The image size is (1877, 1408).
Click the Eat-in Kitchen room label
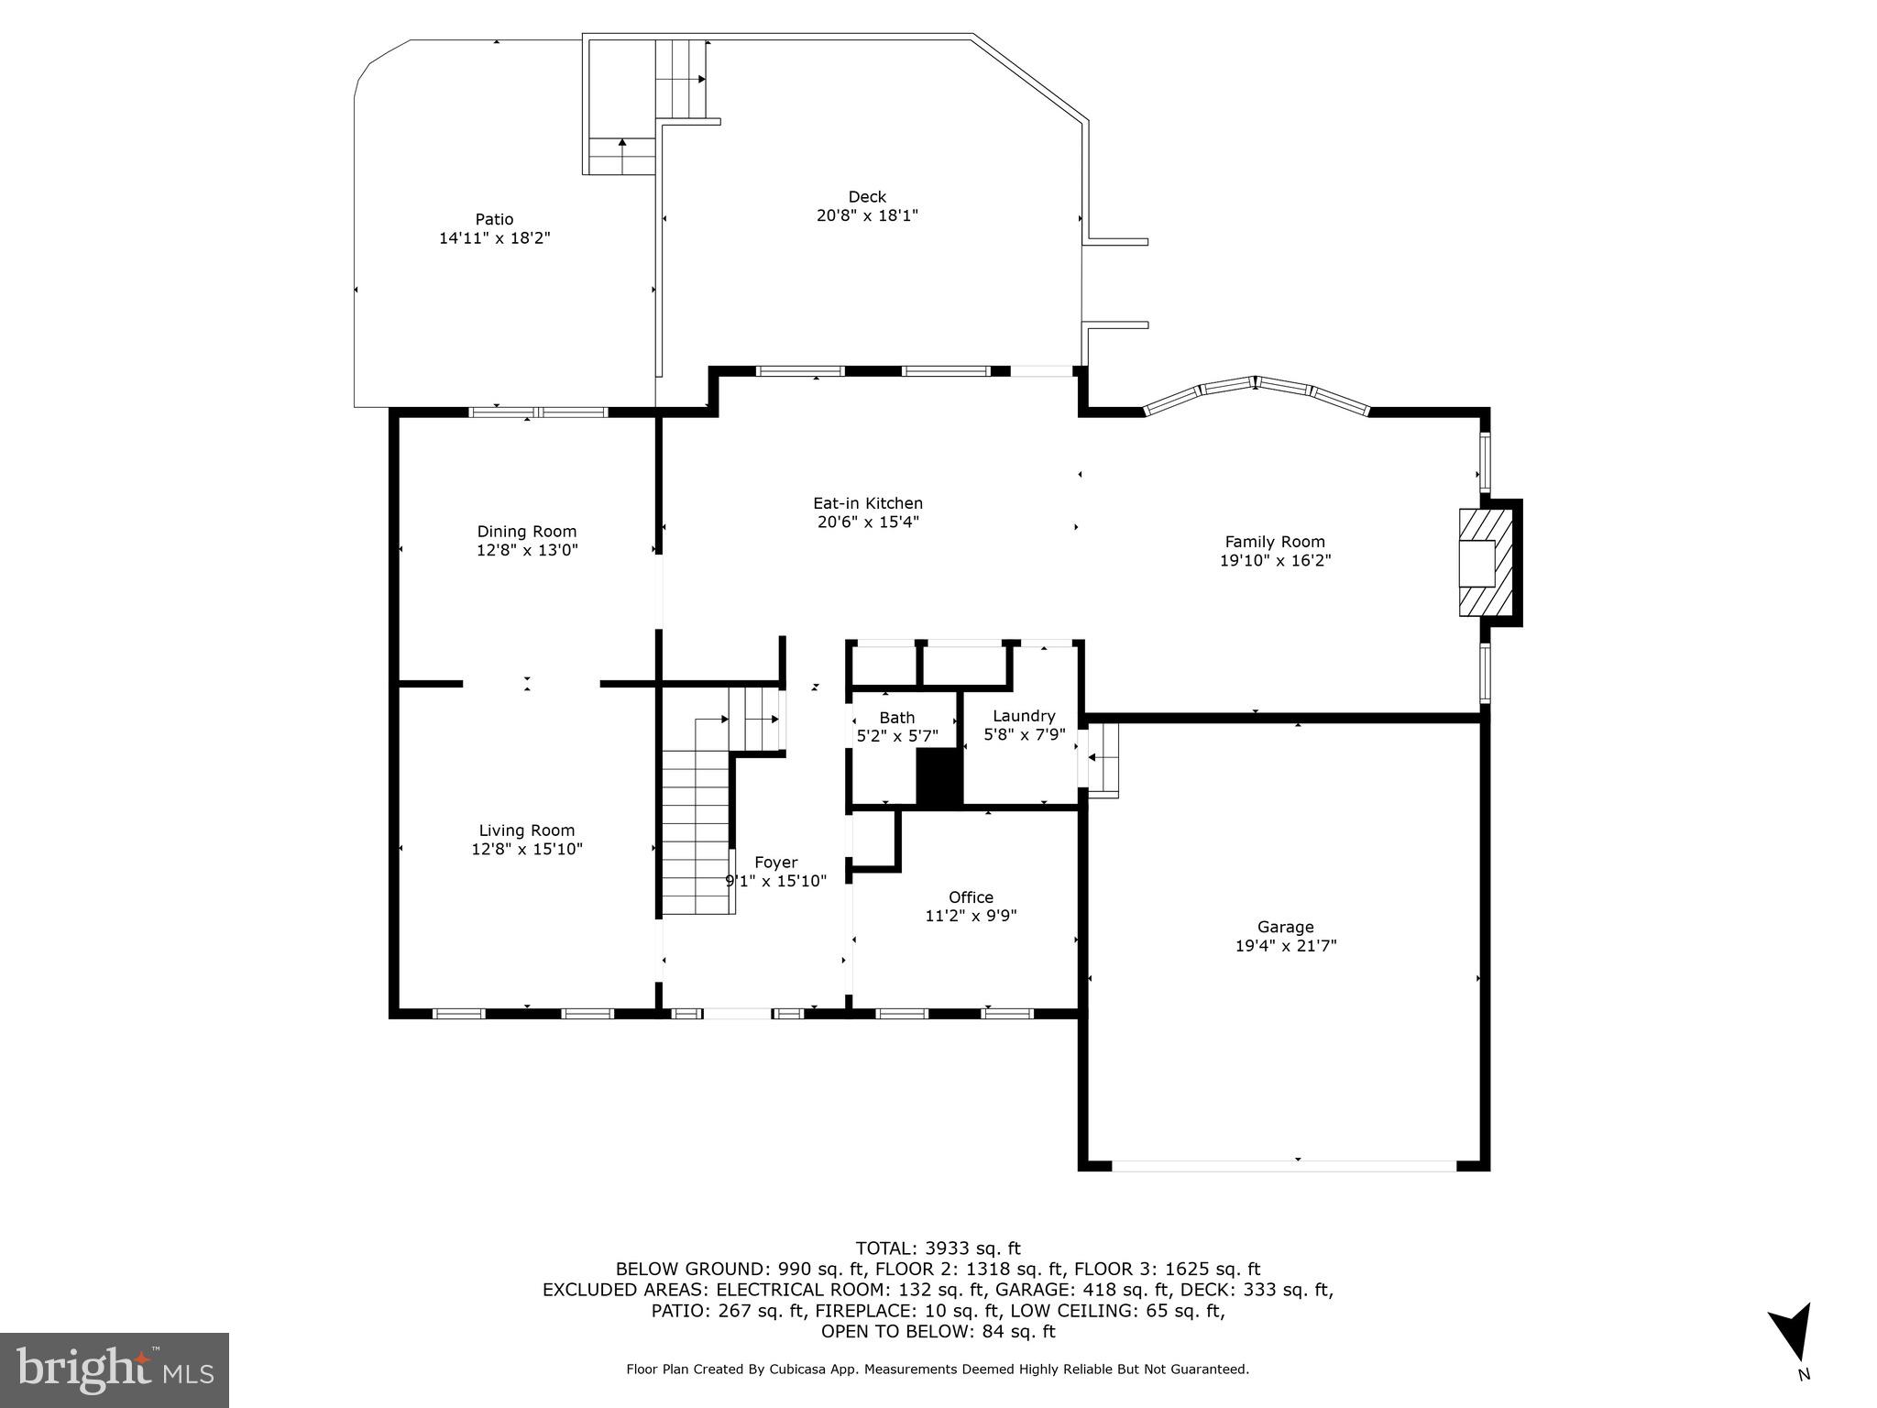[867, 503]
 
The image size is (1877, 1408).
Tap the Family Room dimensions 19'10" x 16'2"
[1275, 561]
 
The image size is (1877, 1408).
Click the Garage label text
[1285, 927]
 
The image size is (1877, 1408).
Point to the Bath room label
[896, 718]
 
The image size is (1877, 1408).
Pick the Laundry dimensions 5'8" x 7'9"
[1024, 734]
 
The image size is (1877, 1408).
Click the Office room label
[971, 897]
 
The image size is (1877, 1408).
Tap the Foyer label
[775, 863]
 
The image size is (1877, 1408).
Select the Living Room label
[526, 830]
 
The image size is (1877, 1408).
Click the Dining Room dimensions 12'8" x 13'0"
[527, 550]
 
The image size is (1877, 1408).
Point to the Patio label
[494, 219]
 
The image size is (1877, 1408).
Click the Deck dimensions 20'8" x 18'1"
[867, 215]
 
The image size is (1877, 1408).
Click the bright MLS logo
[115, 1369]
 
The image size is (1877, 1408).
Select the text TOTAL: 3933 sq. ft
[937, 1248]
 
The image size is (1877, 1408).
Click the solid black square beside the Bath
[938, 778]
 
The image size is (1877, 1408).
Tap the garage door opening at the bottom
[1283, 1166]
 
